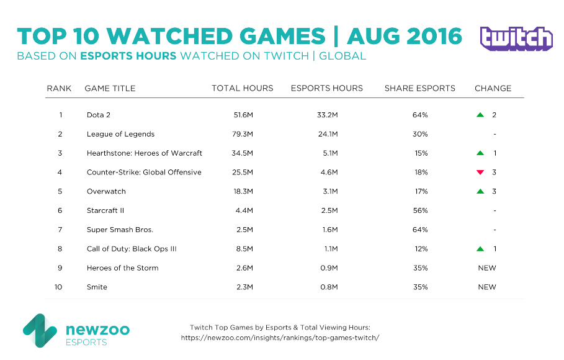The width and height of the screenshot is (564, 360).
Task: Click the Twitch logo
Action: [x=516, y=38]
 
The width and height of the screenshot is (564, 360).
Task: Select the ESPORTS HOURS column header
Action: [x=326, y=88]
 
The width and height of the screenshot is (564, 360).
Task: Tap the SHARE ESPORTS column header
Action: [x=419, y=88]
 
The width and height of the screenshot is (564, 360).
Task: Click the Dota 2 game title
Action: [x=99, y=115]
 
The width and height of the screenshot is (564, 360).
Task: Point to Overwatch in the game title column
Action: [x=106, y=192]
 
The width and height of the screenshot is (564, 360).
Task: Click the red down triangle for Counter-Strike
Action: [x=480, y=173]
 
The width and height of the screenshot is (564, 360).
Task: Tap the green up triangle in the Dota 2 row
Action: [x=480, y=115]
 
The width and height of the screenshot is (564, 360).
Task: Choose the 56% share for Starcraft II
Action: [x=419, y=211]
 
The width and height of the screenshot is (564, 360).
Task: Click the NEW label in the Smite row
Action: [x=486, y=287]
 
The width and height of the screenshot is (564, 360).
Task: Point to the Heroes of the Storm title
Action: [x=122, y=268]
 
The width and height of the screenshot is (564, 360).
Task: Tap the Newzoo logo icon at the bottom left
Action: [x=39, y=330]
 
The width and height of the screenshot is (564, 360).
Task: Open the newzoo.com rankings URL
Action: [x=279, y=338]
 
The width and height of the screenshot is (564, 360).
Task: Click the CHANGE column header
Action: [x=493, y=88]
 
